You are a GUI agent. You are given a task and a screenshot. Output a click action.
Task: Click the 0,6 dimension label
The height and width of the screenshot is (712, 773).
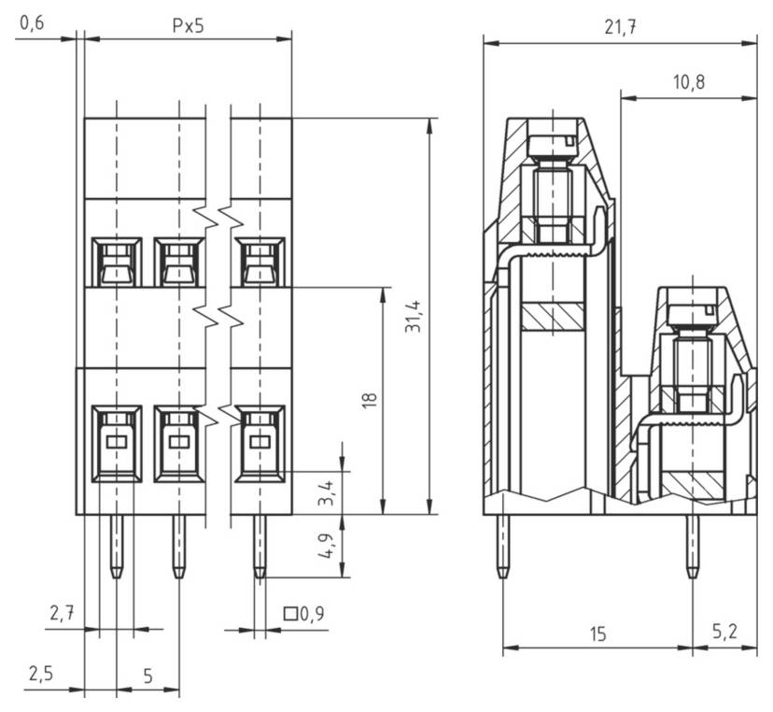(x=32, y=23)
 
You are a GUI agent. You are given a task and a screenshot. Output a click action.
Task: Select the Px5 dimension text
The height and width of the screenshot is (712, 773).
(x=188, y=25)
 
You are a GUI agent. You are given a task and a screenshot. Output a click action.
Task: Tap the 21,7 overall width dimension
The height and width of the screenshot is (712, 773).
(x=620, y=28)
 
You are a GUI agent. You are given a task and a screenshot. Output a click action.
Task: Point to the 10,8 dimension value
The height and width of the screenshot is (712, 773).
(x=689, y=82)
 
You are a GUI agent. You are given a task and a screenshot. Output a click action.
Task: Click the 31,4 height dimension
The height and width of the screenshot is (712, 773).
(x=414, y=316)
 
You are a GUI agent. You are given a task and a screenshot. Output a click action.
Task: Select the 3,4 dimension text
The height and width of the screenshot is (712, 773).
(x=326, y=493)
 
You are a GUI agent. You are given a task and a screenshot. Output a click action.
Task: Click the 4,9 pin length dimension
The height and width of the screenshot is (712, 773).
(x=326, y=547)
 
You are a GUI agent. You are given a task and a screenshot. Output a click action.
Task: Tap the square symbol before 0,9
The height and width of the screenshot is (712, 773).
(x=290, y=614)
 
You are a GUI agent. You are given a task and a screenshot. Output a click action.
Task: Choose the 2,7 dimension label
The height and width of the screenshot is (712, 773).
(x=63, y=613)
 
